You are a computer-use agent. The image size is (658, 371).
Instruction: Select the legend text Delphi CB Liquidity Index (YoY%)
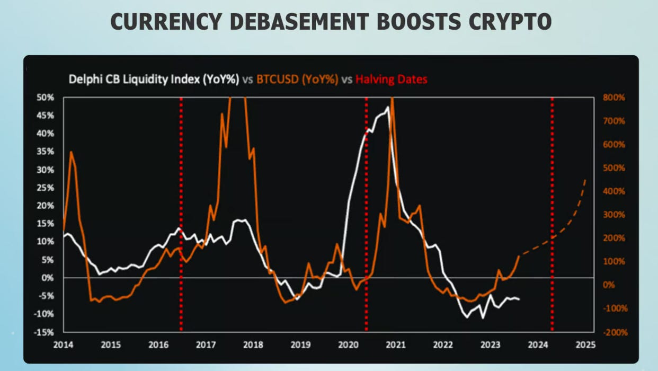(x=154, y=79)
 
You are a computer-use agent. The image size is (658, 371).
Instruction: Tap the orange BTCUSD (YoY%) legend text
(x=297, y=79)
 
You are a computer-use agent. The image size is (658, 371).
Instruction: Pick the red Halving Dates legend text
(x=392, y=79)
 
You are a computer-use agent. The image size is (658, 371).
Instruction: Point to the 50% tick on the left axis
(x=46, y=98)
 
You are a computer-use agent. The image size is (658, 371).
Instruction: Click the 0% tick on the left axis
(x=48, y=277)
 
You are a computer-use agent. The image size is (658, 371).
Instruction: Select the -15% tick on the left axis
(x=45, y=332)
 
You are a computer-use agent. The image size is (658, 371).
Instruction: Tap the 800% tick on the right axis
(x=613, y=98)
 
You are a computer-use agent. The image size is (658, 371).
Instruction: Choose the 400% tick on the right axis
(x=613, y=191)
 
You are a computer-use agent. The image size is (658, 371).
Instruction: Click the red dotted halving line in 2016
(x=181, y=212)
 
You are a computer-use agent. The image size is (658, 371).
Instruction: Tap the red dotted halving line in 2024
(x=552, y=212)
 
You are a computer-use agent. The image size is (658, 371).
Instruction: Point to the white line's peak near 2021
(x=388, y=108)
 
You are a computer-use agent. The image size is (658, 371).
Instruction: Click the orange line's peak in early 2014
(x=71, y=152)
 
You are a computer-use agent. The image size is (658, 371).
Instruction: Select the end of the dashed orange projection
(x=585, y=180)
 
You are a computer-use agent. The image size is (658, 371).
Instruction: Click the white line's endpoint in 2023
(x=519, y=299)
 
